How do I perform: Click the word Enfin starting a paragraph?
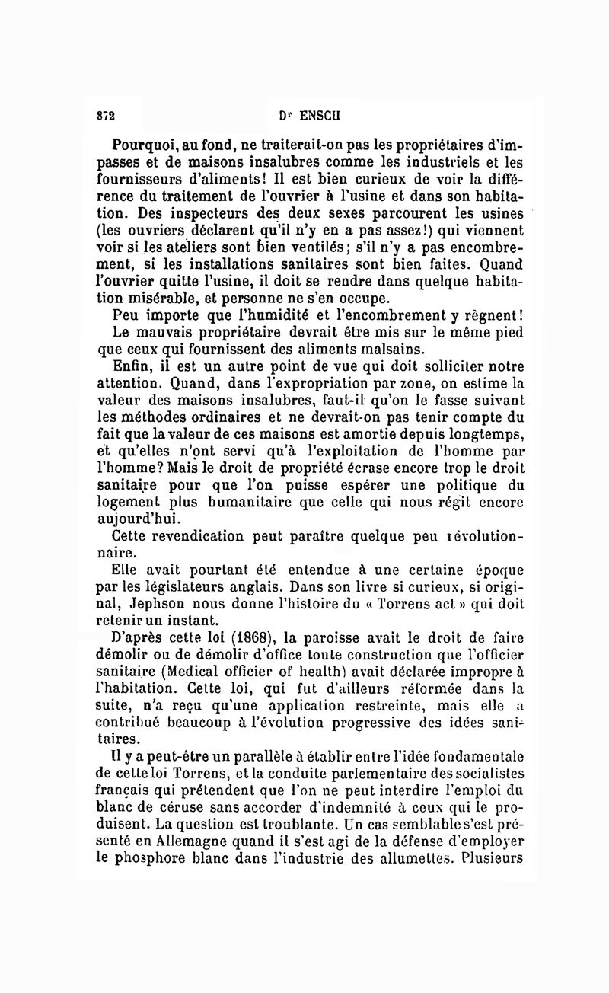126,366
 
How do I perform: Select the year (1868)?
238,640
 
